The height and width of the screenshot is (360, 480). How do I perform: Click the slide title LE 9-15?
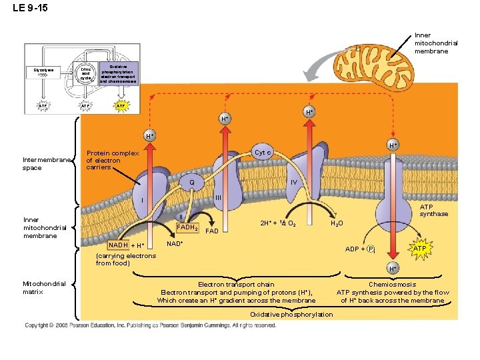[x=30, y=9]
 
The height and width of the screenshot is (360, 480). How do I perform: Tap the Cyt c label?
[x=262, y=153]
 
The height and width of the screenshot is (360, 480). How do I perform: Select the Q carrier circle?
[x=192, y=183]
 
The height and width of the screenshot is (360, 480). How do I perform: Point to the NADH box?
[x=118, y=246]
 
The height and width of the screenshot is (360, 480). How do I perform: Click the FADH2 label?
[x=187, y=228]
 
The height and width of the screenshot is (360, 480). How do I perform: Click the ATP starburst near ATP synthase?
[x=419, y=249]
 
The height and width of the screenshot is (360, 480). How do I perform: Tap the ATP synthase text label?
[x=433, y=210]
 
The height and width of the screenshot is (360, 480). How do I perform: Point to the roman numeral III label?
[x=218, y=197]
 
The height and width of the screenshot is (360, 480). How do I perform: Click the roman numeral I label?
[x=142, y=201]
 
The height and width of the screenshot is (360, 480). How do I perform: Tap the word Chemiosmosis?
[x=392, y=285]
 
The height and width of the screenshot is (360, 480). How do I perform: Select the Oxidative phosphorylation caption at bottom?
[x=291, y=314]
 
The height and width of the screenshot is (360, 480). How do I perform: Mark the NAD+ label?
[x=175, y=244]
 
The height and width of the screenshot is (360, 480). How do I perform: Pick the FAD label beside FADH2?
[x=212, y=231]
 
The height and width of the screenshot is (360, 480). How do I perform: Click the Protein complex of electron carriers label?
[x=113, y=160]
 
